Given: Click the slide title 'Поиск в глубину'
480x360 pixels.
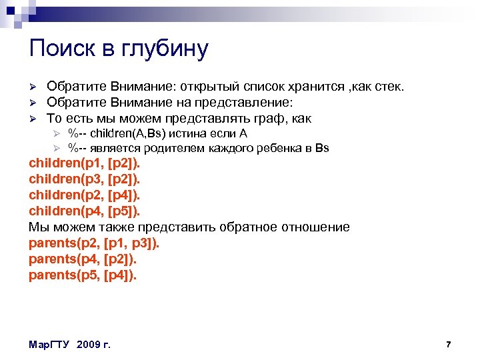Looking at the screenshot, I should click(119, 49).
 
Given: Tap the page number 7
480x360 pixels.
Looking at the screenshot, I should click(449, 344).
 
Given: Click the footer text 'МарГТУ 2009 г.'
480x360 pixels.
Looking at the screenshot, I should click(70, 345).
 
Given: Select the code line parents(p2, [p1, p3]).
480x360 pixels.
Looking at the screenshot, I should click(94, 243).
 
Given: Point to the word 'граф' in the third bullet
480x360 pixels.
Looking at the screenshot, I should click(271, 119).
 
